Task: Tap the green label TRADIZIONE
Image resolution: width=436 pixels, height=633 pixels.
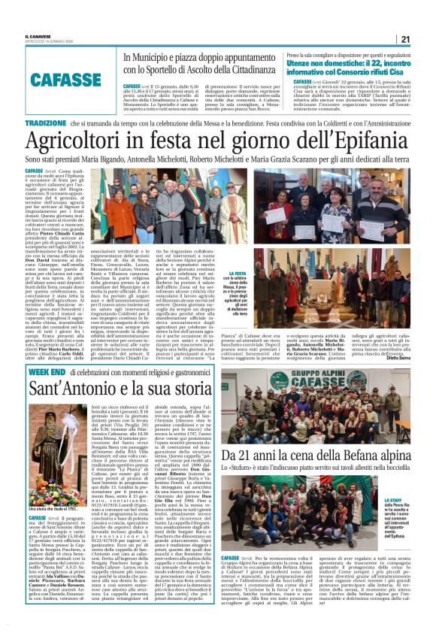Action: point(45,123)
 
